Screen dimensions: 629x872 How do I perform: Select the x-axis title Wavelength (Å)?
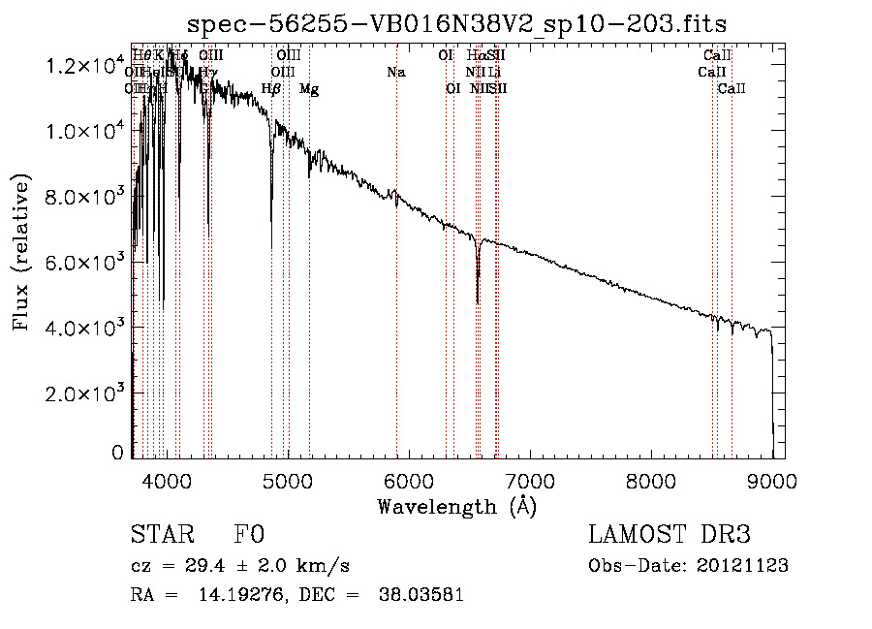coord(456,506)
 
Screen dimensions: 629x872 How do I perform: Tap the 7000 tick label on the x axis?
coord(529,479)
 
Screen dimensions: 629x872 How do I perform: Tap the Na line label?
coord(395,72)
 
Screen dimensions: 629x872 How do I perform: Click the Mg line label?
coord(309,89)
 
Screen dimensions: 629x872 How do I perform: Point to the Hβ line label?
coord(271,89)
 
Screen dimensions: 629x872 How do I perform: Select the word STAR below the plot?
coord(162,535)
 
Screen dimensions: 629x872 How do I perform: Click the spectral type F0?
coord(249,535)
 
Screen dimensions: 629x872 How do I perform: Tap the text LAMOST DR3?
coord(670,535)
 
